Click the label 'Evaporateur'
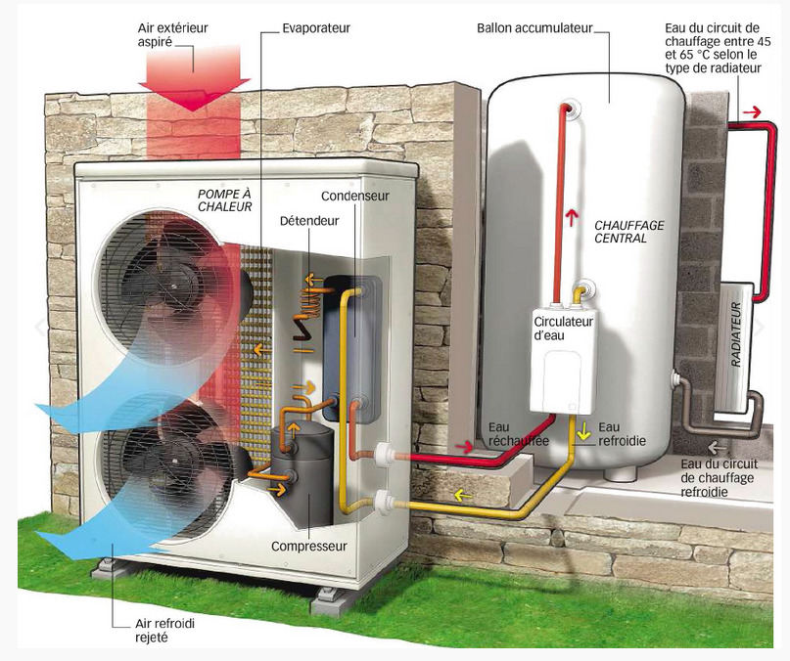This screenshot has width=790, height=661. click(315, 28)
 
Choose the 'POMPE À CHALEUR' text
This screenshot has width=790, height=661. click(225, 199)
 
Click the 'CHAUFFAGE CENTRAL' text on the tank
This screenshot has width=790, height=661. click(629, 232)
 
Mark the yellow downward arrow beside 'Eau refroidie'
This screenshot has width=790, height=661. click(583, 429)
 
